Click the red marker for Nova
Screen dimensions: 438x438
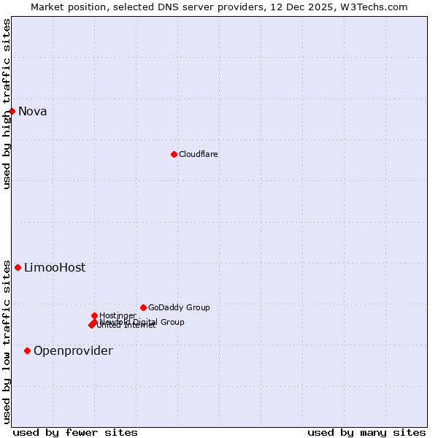tap(12, 111)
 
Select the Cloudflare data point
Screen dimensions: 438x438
tap(174, 154)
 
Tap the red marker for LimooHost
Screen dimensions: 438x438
tap(18, 267)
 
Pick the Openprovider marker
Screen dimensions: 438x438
tap(28, 350)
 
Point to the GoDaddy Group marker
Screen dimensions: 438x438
tap(143, 307)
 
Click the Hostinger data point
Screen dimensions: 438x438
tap(94, 315)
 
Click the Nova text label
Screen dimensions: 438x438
tap(33, 112)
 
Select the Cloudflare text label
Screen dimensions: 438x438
tap(199, 154)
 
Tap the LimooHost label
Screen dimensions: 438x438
tap(55, 268)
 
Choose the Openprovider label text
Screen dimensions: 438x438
tap(73, 351)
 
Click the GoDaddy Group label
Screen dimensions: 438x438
tap(179, 307)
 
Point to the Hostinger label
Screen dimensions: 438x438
tap(118, 315)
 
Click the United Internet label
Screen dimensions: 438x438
tap(126, 326)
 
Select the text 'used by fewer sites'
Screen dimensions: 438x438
tap(75, 432)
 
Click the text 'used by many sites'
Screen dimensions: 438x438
tap(366, 432)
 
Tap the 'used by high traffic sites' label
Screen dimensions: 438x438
tap(7, 104)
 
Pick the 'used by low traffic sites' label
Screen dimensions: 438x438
tap(7, 342)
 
